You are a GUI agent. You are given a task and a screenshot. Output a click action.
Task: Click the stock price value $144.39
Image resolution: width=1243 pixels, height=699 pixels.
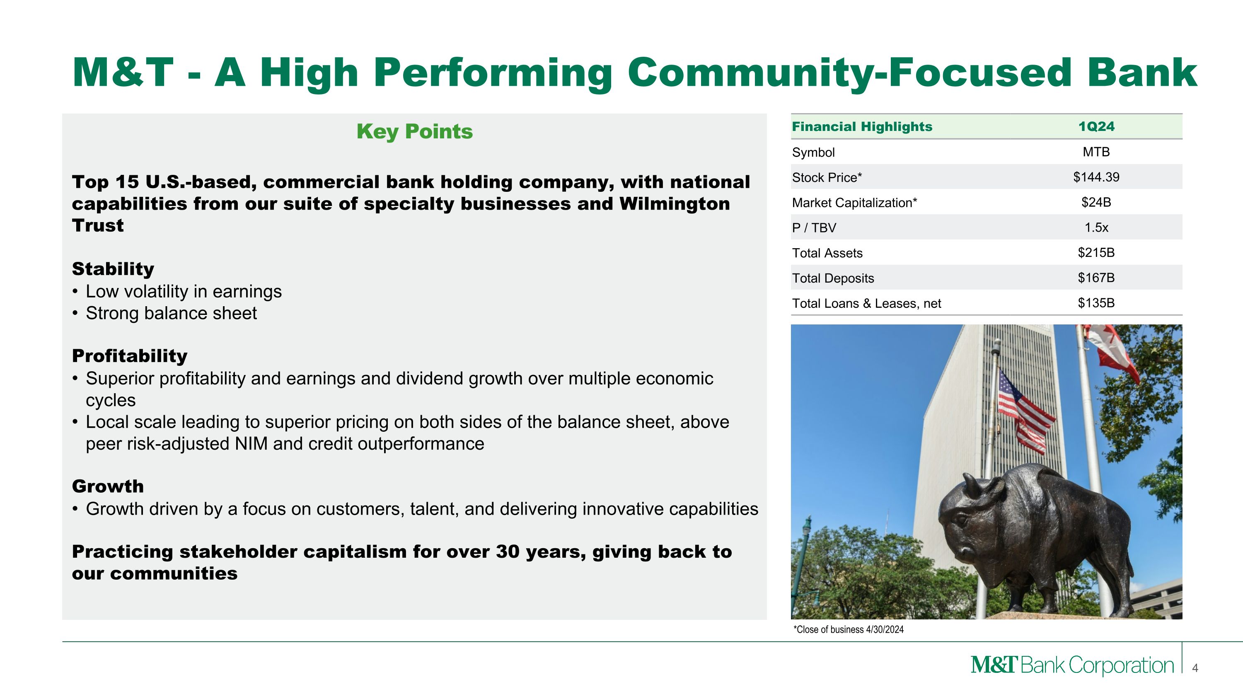pos(1096,177)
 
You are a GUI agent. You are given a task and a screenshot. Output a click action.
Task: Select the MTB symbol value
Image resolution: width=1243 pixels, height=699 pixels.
pos(1096,152)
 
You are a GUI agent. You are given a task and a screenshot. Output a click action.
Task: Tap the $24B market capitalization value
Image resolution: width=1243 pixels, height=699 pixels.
pos(1096,202)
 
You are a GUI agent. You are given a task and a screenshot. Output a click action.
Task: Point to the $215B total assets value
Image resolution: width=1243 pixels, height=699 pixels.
pos(1096,252)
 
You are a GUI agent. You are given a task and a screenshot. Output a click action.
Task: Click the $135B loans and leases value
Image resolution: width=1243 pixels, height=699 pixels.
pos(1096,302)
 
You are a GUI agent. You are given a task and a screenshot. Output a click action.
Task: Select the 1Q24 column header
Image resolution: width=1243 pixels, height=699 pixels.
pos(1096,126)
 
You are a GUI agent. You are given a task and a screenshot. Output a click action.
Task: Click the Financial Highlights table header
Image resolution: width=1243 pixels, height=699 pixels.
pos(862,126)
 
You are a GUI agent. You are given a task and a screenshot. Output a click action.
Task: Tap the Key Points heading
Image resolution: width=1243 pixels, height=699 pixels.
pos(414,131)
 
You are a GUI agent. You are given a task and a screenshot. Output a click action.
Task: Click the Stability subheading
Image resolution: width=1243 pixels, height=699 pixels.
pos(113,268)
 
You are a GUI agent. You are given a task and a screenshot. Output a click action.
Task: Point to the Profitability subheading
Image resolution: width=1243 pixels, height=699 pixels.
pos(129,356)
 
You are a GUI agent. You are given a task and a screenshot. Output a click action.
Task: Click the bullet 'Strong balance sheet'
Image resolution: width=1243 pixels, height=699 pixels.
pos(171,313)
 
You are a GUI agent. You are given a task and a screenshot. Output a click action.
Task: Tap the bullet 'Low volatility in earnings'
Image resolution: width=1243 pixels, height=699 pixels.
pos(184,291)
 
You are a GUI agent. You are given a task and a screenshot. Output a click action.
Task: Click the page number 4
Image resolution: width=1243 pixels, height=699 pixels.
pos(1195,668)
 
